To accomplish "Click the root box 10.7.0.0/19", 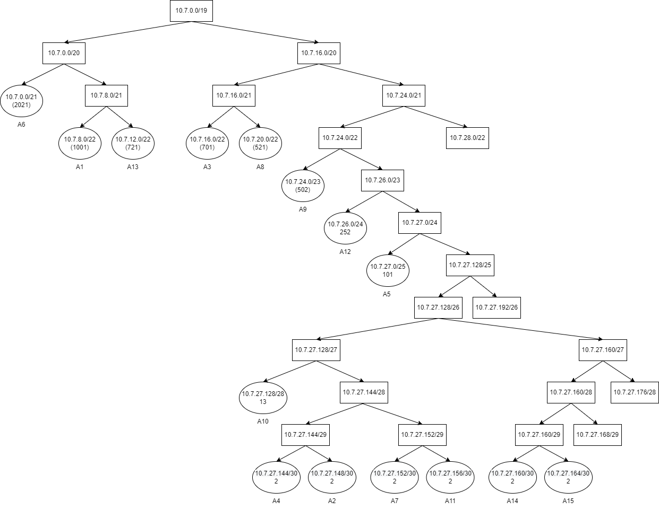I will pos(191,11).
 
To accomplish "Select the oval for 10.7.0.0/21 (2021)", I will pos(21,101).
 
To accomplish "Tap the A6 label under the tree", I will pos(21,125).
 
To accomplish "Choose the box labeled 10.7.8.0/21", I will pos(106,95).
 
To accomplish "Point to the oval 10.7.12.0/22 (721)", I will pos(133,143).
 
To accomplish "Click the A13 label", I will pos(133,167).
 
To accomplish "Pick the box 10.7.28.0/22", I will pos(467,138).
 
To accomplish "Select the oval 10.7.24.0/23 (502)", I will pos(303,186).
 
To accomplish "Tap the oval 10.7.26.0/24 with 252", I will pos(345,228).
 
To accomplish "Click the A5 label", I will pos(387,294).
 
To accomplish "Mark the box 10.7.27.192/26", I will pos(497,307).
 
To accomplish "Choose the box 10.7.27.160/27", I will pos(603,350).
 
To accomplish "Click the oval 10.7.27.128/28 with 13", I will pos(263,398).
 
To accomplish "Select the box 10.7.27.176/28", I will pos(635,392).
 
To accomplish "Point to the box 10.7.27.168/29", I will pos(597,435).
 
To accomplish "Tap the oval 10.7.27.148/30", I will pos(332,477).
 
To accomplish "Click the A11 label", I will pos(450,500).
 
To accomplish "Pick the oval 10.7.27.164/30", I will pos(568,477).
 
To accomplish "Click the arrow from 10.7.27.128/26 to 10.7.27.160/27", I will pos(520,329).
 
